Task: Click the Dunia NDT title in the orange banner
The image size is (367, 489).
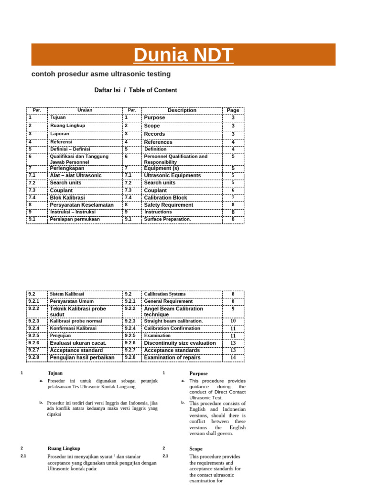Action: pos(183,55)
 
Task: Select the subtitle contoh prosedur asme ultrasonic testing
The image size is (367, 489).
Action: pos(101,74)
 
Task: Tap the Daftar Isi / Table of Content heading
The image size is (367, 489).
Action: pos(136,90)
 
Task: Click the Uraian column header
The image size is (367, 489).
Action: pos(85,110)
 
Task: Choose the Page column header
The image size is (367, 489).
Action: pos(233,110)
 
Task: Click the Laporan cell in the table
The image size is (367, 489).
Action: pos(60,134)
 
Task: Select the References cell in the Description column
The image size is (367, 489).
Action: pos(158,142)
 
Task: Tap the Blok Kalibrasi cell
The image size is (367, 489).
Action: pos(67,198)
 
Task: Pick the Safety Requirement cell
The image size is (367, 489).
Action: pos(169,205)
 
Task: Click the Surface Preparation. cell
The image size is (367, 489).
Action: pos(167,220)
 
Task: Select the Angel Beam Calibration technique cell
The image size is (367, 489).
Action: pos(173,311)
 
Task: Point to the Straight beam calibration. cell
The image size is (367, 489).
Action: pos(173,321)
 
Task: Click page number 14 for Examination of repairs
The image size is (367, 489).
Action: pos(233,358)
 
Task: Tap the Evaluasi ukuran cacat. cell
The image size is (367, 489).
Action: pos(78,343)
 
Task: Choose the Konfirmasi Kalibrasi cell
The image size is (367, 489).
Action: pos(73,329)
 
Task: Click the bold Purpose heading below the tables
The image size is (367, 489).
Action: pos(198,373)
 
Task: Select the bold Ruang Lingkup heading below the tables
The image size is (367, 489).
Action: pos(64,449)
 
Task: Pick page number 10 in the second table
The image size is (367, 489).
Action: pos(233,321)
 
